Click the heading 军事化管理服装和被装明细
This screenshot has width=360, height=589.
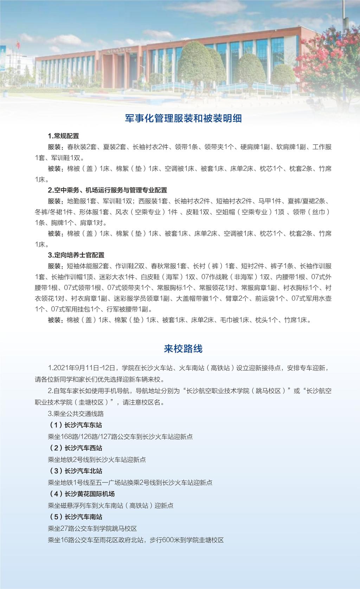coord(183,118)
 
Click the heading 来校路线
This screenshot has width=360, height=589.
coord(183,349)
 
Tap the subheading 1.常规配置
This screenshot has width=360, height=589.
coord(64,136)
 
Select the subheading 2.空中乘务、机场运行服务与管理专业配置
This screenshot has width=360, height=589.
coord(107,190)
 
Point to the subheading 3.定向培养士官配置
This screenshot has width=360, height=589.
coord(76,255)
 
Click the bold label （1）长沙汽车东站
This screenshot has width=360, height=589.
coord(76,425)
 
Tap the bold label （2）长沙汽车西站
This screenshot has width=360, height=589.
coord(76,448)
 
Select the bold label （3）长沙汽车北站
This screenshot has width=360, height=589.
coord(76,471)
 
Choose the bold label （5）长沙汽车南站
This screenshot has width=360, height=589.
coord(76,517)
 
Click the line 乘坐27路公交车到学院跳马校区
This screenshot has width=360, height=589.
coord(92,528)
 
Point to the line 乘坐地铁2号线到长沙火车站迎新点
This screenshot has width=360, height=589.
coord(97,460)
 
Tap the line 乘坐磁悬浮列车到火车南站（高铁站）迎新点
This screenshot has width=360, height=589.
coord(111,506)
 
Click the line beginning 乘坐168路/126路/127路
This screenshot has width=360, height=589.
coord(120,437)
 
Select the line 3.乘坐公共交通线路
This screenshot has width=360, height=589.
coord(76,413)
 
